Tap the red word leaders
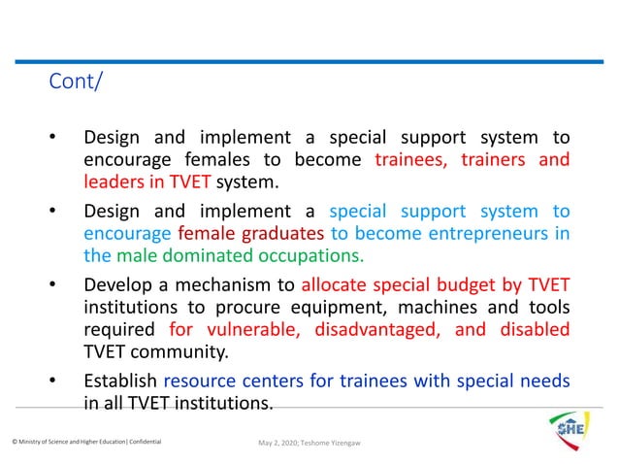[115, 182]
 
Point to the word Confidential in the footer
[140, 443]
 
